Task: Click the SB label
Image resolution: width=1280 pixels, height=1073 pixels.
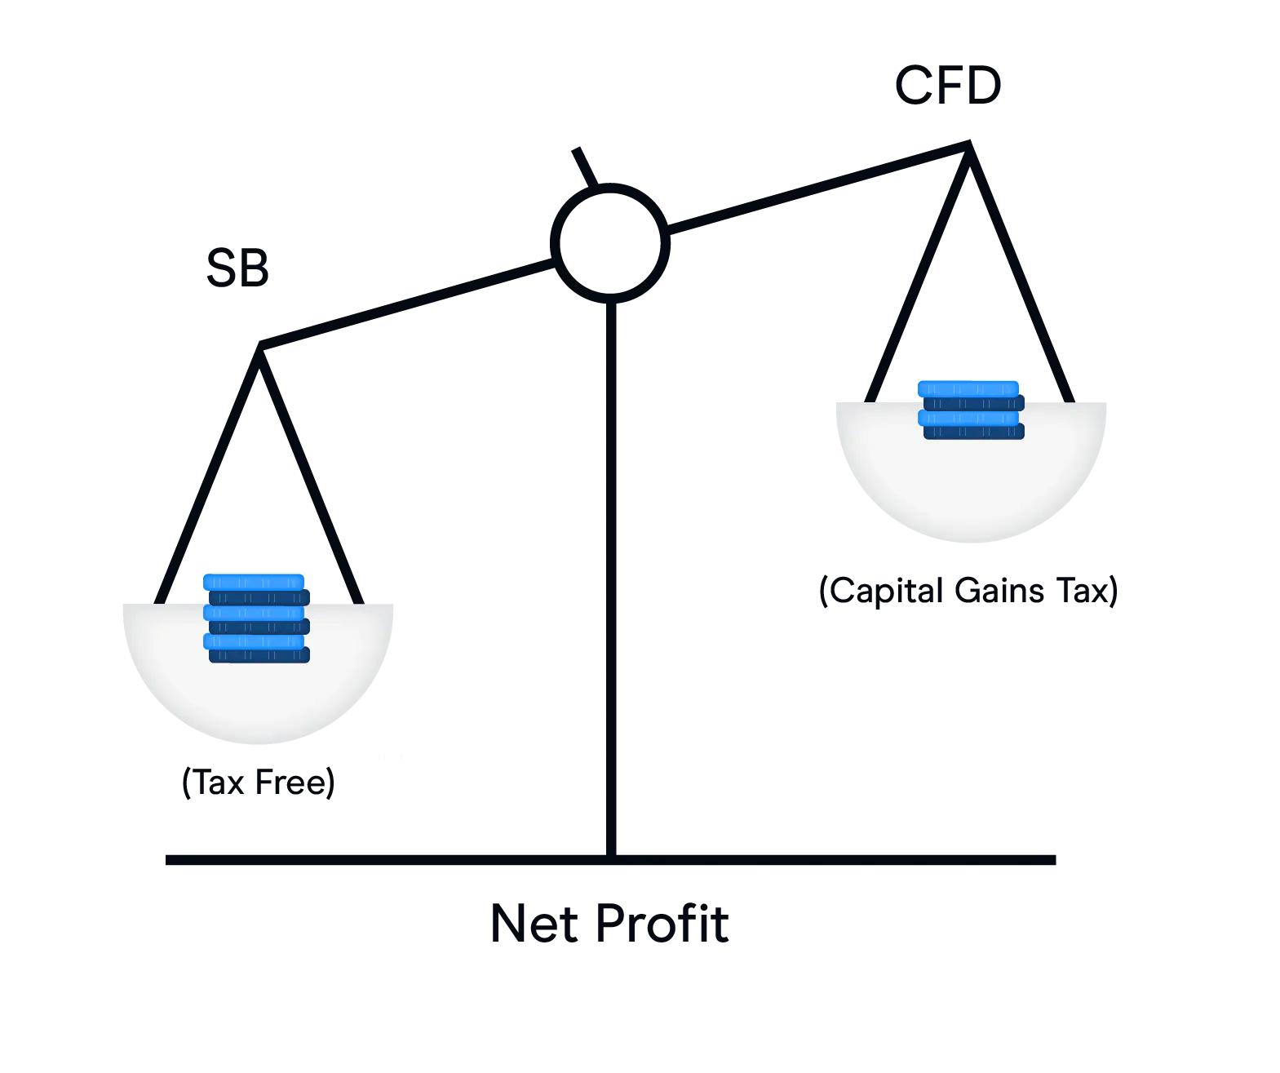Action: click(x=237, y=268)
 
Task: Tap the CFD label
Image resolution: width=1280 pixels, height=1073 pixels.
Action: click(x=948, y=86)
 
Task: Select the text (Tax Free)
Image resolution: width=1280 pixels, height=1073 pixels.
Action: click(x=258, y=782)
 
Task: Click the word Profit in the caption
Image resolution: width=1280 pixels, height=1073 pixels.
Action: click(x=662, y=924)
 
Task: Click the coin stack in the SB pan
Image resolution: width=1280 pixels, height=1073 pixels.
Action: click(x=256, y=619)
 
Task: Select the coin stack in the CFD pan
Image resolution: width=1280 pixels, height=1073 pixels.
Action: click(x=971, y=410)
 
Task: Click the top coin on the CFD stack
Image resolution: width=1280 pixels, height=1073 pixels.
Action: click(x=968, y=388)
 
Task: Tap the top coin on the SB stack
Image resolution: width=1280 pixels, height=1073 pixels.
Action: click(x=254, y=582)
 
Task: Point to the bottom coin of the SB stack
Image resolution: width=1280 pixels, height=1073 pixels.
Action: click(x=259, y=654)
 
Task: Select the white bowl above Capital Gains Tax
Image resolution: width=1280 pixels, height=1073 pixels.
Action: click(x=971, y=490)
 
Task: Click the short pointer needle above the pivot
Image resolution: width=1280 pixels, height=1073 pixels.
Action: click(x=585, y=166)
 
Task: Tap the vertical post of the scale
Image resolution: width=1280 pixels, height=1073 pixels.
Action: click(x=611, y=571)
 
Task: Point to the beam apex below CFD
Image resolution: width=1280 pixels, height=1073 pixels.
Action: click(x=968, y=146)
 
